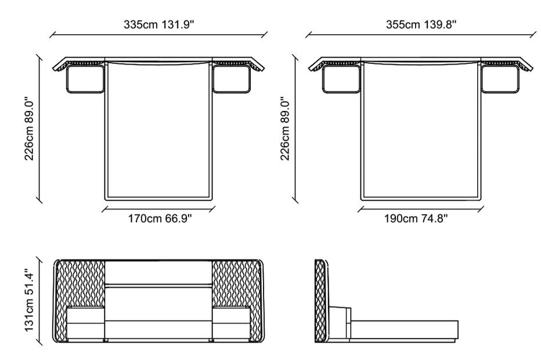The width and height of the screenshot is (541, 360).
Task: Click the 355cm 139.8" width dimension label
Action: click(421, 25)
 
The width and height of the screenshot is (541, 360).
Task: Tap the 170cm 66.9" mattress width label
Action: click(160, 219)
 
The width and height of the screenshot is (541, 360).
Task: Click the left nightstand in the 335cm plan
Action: click(85, 80)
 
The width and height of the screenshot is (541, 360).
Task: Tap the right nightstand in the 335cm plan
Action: click(232, 80)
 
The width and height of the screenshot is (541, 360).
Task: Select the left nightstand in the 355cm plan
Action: click(341, 80)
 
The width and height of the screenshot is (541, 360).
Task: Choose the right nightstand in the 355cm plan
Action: click(499, 80)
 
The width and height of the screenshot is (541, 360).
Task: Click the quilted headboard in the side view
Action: click(320, 301)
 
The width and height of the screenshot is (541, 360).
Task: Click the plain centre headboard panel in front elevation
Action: click(158, 273)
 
